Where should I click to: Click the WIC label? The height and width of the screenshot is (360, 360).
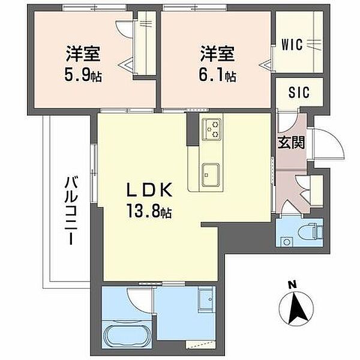pyautogui.click(x=292, y=44)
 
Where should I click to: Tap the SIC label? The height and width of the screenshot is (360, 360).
pyautogui.click(x=299, y=92)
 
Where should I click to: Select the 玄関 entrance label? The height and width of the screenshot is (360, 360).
pyautogui.click(x=292, y=143)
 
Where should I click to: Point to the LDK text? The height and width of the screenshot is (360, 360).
pyautogui.click(x=149, y=190)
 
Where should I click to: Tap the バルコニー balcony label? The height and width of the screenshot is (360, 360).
pyautogui.click(x=70, y=211)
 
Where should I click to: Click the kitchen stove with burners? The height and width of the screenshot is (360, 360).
pyautogui.click(x=211, y=130)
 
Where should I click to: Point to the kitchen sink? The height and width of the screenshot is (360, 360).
pyautogui.click(x=211, y=175)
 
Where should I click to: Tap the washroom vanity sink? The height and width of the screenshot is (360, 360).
pyautogui.click(x=207, y=299)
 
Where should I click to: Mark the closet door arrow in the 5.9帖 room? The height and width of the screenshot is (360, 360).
pyautogui.click(x=126, y=65)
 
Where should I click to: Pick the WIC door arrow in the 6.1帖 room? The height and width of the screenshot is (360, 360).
pyautogui.click(x=266, y=65)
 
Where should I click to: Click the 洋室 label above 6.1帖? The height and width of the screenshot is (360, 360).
pyautogui.click(x=217, y=54)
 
